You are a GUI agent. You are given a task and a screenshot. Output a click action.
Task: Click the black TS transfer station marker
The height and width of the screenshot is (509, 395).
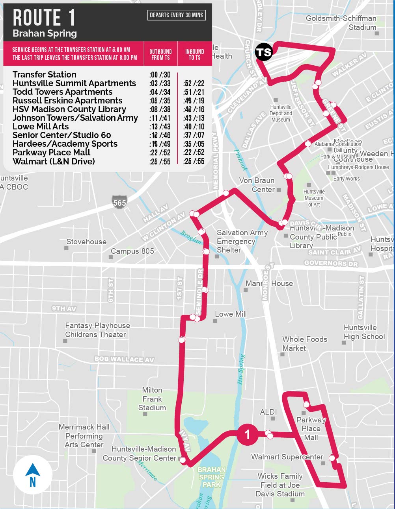(x=264, y=52)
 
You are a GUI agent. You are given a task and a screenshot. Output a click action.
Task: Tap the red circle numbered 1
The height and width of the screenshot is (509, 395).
(x=248, y=434)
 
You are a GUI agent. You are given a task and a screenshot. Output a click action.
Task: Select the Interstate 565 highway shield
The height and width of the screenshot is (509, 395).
(x=119, y=202)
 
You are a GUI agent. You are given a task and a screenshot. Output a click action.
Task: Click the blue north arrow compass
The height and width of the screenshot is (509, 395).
(x=33, y=474)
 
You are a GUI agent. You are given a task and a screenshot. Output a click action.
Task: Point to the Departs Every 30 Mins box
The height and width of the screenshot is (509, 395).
(x=176, y=15)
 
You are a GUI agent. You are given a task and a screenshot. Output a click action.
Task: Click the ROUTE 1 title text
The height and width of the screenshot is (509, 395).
(x=44, y=18)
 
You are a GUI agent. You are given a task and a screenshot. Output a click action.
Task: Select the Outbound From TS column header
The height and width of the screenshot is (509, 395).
(x=160, y=54)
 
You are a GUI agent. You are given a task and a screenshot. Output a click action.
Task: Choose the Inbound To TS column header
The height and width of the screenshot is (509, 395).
(x=194, y=54)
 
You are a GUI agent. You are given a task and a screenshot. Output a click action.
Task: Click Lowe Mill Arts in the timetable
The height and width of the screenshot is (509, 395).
(x=41, y=127)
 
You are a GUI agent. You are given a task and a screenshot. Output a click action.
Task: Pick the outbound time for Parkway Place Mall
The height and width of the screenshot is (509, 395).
(x=160, y=153)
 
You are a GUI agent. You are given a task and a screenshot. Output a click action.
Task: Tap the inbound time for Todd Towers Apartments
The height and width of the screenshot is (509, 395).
(x=194, y=92)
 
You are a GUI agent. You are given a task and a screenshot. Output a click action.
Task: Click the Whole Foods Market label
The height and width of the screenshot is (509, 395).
(x=304, y=343)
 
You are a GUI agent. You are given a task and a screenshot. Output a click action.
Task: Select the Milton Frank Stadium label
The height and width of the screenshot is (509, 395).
(x=152, y=398)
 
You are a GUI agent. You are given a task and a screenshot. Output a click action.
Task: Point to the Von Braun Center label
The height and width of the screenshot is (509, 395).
(x=257, y=185)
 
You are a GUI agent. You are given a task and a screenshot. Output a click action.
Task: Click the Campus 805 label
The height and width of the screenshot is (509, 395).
(x=132, y=251)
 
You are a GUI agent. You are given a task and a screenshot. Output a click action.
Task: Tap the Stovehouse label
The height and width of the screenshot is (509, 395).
(x=86, y=242)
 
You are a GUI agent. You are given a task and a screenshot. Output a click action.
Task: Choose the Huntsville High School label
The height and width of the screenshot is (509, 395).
(x=364, y=332)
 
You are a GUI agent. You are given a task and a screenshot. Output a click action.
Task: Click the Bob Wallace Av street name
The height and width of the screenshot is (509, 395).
(x=124, y=359)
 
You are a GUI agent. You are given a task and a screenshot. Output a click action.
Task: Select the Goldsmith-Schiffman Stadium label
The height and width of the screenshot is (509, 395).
(x=341, y=23)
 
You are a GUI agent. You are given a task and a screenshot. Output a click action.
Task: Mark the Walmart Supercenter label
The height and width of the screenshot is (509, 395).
(x=287, y=457)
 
